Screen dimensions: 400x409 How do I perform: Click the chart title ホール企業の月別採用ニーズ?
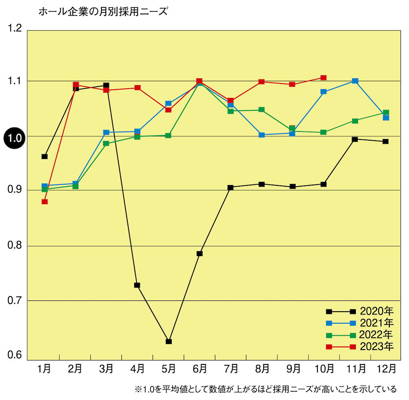[x=102, y=12]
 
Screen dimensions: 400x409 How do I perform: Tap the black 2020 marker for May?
[x=169, y=341]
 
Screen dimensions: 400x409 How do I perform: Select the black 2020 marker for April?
[x=137, y=285]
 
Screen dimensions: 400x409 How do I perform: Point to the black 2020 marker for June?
[x=200, y=253]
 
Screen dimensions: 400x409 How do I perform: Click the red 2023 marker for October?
[x=324, y=78]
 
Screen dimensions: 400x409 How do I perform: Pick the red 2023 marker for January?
[x=44, y=201]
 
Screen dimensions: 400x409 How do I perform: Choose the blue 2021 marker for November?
[x=355, y=81]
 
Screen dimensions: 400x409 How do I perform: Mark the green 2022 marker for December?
[x=386, y=113]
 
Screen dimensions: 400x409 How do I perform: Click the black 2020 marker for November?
[x=355, y=139]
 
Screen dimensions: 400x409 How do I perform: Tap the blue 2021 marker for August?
[x=262, y=135]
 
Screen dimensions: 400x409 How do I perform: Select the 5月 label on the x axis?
[x=169, y=368]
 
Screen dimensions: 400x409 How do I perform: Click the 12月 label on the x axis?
[x=386, y=368]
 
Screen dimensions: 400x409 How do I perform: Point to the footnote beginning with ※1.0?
[x=266, y=389]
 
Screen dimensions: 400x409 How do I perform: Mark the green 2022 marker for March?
[x=106, y=143]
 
